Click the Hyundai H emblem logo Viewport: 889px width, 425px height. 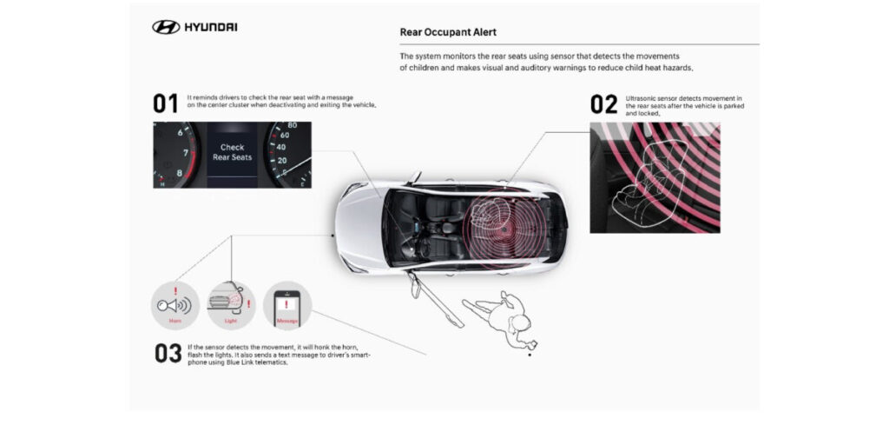pos(166,28)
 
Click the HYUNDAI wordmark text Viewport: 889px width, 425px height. pos(210,28)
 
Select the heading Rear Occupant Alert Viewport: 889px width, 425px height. pos(448,32)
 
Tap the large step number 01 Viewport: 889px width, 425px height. pos(166,104)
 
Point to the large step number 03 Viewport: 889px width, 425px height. pos(168,354)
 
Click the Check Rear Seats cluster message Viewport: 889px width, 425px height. pos(232,153)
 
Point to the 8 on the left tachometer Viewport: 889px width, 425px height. pos(181,172)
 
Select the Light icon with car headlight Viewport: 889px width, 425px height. pos(232,303)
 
